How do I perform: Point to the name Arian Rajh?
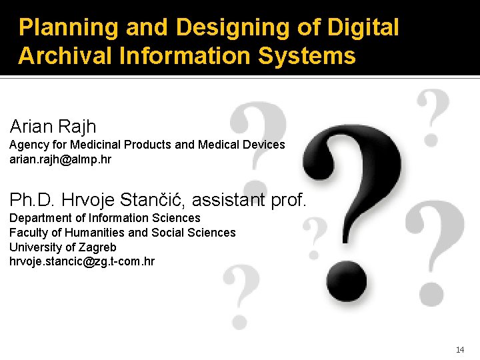click(x=53, y=125)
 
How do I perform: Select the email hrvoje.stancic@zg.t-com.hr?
click(x=82, y=261)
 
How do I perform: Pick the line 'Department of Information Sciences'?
click(x=105, y=218)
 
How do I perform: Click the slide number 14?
click(x=460, y=350)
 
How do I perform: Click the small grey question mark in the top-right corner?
click(x=432, y=117)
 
